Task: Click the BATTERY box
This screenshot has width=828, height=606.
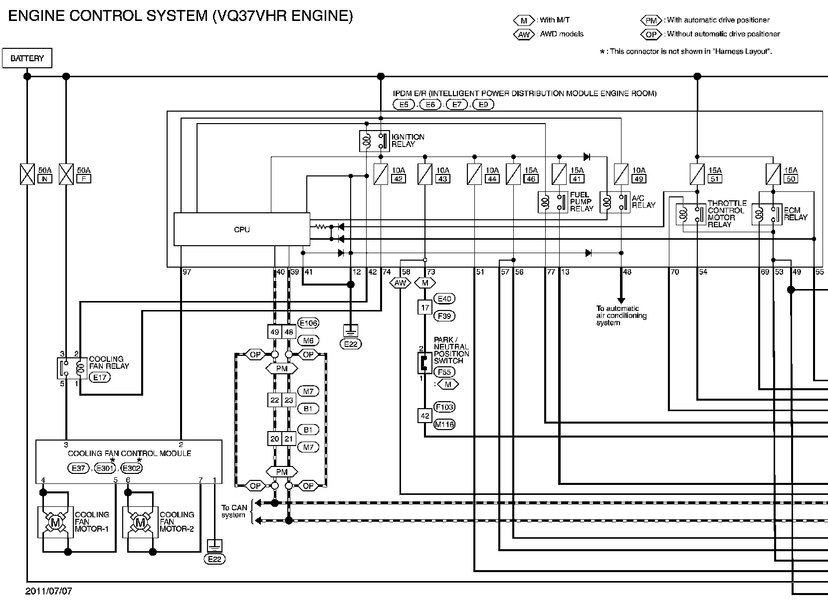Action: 27,58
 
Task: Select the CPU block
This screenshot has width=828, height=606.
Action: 242,229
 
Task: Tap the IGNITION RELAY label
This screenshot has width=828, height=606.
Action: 408,141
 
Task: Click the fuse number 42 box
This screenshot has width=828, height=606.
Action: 398,179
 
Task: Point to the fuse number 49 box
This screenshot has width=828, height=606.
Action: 639,179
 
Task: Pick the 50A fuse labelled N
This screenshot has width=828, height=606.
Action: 27,174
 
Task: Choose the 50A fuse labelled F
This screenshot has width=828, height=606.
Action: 66,174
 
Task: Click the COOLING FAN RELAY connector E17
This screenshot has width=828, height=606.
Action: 100,377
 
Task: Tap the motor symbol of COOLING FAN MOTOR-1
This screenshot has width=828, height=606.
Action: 55,522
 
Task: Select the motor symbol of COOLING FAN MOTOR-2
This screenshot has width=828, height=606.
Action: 141,522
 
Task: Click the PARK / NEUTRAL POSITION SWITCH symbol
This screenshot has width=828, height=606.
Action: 424,363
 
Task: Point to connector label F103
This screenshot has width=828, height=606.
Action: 444,407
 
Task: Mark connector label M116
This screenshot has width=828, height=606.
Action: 444,424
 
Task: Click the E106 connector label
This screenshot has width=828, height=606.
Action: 308,323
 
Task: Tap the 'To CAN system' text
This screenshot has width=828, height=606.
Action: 234,511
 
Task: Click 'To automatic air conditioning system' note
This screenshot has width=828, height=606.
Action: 621,315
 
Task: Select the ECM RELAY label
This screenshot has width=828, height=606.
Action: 796,214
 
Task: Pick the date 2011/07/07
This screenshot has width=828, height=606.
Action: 48,591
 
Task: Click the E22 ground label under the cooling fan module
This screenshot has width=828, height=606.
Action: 214,559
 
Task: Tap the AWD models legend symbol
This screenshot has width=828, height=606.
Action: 524,34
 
